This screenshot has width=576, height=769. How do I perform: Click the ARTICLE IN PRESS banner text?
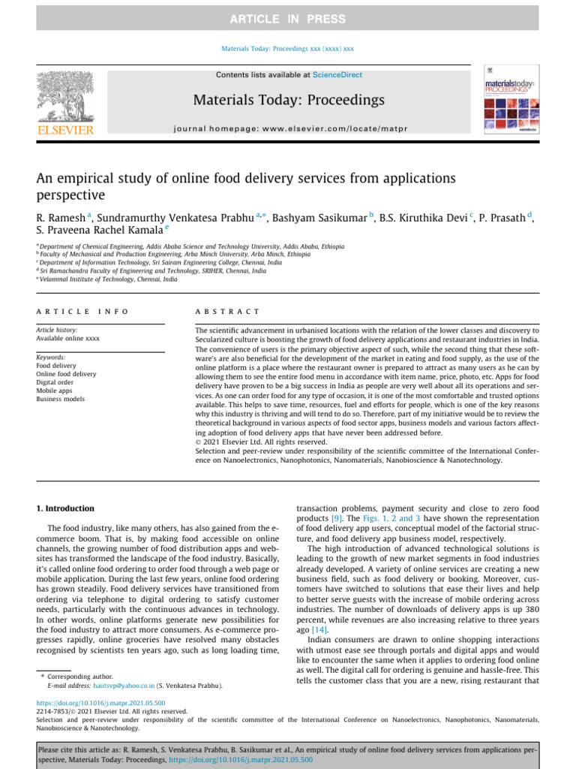(x=288, y=19)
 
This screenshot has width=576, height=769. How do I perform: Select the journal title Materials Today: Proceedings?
(x=289, y=100)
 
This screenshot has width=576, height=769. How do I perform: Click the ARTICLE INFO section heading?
(x=82, y=311)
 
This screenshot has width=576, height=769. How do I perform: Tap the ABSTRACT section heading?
(x=227, y=311)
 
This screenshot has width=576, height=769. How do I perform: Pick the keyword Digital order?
(x=55, y=382)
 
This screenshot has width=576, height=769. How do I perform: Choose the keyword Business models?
(x=61, y=399)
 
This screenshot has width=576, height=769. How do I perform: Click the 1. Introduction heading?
(x=66, y=508)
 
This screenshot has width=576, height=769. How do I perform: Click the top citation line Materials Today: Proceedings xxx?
(x=288, y=49)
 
